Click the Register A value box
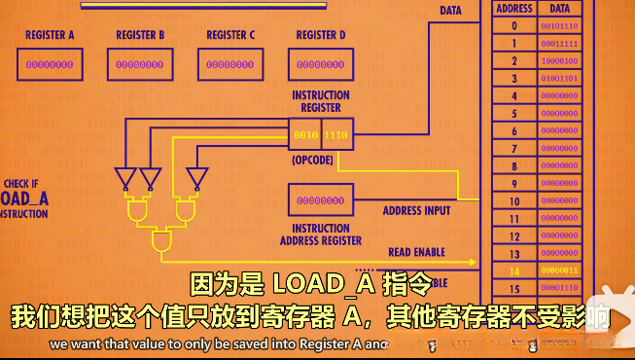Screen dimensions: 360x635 coord(49,65)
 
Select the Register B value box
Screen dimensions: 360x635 coord(139,65)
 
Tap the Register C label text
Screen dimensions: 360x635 coord(230,36)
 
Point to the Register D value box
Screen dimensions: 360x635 coord(320,65)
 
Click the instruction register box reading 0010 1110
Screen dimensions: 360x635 coord(320,133)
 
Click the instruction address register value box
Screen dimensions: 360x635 coord(320,200)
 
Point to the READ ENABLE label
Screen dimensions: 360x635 coord(416,252)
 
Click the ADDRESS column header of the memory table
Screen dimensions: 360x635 coord(513,8)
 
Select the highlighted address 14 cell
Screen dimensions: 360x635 coord(513,270)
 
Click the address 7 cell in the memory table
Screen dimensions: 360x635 coord(513,148)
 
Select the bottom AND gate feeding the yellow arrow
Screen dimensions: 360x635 coord(160,241)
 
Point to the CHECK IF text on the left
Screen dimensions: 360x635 coord(21,183)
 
